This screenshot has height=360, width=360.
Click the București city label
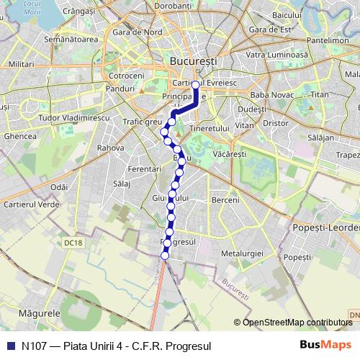pyautogui.click(x=192, y=63)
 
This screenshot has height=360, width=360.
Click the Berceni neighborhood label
pyautogui.click(x=225, y=199)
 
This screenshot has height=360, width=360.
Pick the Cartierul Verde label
pyautogui.click(x=32, y=205)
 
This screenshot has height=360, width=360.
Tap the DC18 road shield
pyautogui.click(x=73, y=243)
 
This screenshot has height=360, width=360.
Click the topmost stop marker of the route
pyautogui.click(x=195, y=84)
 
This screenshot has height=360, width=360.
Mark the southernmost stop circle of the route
pyautogui.click(x=165, y=256)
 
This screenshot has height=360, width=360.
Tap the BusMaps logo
pyautogui.click(x=322, y=345)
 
